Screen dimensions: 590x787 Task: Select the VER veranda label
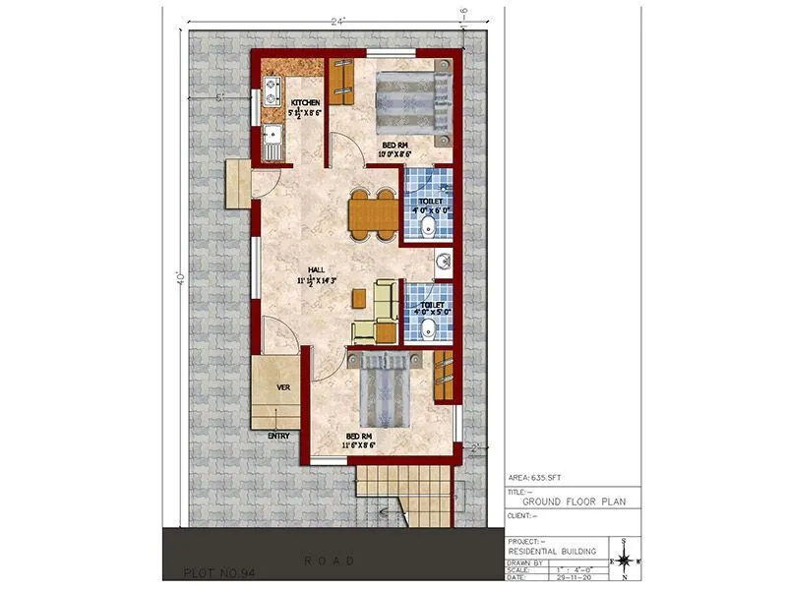pyautogui.click(x=283, y=387)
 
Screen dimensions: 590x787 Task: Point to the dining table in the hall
pyautogui.click(x=373, y=213)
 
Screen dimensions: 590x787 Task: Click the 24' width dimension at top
pyautogui.click(x=339, y=19)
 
